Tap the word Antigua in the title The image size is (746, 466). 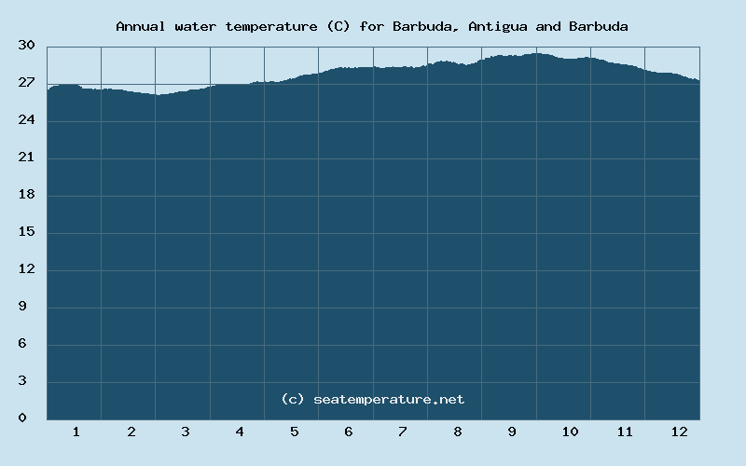[498, 26]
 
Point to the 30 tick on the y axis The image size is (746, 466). [27, 46]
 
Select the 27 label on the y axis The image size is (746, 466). [27, 83]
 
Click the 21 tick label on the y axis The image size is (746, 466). [27, 158]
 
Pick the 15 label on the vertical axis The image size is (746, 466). [27, 232]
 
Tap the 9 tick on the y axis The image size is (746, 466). [31, 307]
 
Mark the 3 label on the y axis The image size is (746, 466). [31, 381]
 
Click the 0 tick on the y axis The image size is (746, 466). [31, 418]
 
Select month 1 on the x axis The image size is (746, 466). [76, 432]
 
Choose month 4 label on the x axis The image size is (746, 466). [240, 432]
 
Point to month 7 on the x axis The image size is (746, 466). [403, 432]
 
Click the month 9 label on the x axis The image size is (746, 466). [512, 432]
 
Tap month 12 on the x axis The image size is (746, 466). [679, 432]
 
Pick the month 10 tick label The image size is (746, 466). [570, 432]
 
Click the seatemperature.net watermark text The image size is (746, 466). [389, 399]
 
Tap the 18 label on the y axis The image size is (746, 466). [27, 195]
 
